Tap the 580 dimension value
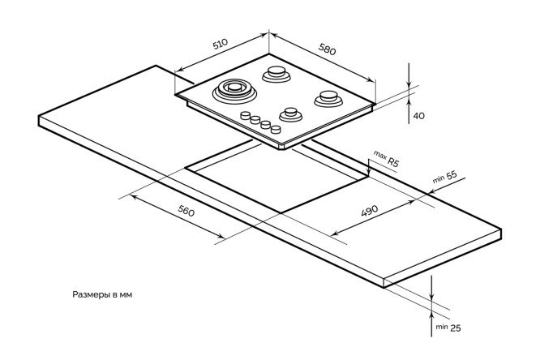point(327,50)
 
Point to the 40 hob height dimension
point(419,116)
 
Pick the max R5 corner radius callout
point(387,158)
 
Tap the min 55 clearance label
point(446,178)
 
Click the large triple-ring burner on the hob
point(234,90)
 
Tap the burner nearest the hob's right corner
point(328,98)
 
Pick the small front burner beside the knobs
point(290,112)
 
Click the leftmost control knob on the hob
point(245,116)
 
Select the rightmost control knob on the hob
point(276,129)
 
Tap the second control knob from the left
point(255,120)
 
